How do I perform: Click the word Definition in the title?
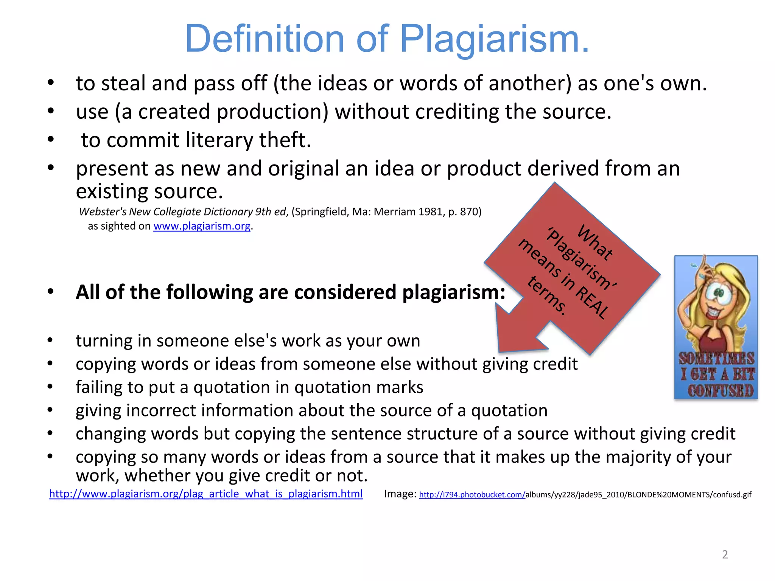[264, 39]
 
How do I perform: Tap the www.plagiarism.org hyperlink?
[202, 226]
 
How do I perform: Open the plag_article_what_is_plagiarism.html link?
[206, 494]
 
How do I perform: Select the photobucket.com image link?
[472, 495]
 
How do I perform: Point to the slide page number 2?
[725, 555]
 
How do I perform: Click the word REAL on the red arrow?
[592, 302]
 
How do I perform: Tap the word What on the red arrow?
[594, 242]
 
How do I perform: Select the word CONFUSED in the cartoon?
[720, 391]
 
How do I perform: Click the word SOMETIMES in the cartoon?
[716, 358]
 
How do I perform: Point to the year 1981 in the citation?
[431, 212]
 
